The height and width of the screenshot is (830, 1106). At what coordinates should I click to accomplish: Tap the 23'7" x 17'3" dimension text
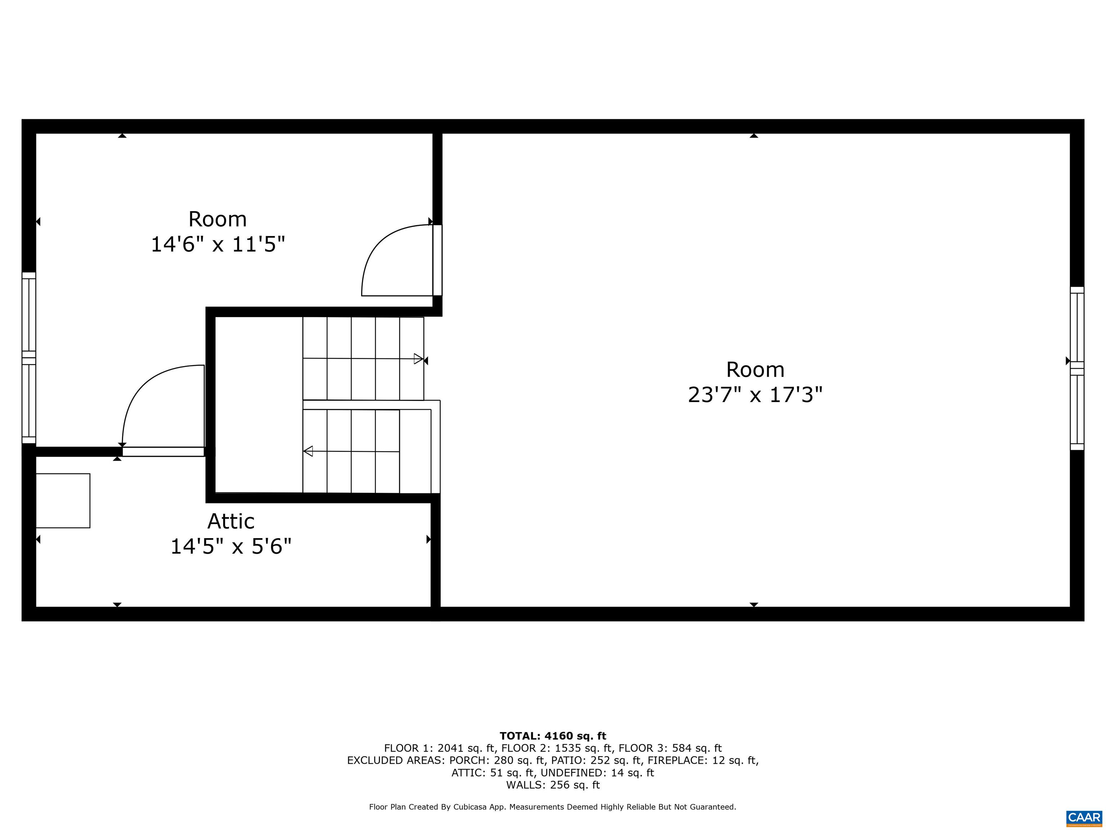tap(755, 395)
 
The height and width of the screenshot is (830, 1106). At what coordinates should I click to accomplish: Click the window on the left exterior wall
tap(29, 358)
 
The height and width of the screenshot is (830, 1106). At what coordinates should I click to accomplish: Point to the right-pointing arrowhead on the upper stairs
tap(418, 359)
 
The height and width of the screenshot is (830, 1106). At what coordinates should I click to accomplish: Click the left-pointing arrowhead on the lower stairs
tap(308, 451)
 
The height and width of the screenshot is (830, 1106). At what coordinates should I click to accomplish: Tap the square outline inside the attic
tap(63, 500)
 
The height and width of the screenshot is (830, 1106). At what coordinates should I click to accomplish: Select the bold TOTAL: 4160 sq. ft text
tap(553, 736)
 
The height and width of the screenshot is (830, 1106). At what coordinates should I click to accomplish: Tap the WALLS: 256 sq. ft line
tap(553, 785)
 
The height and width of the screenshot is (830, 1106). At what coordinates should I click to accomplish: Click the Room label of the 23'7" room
tap(755, 370)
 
